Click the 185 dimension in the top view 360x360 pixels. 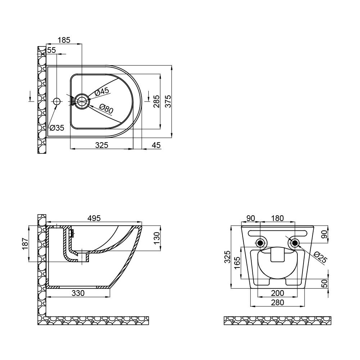(x=64, y=40)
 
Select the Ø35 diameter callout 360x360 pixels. (x=57, y=127)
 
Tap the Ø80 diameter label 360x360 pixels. (x=107, y=108)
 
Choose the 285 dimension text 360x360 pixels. (x=156, y=102)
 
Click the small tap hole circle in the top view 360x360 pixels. (x=57, y=102)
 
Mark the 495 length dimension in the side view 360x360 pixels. (x=94, y=218)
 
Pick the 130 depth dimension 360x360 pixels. (x=157, y=238)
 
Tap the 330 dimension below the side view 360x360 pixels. (x=78, y=293)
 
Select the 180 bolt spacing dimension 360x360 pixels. (x=278, y=218)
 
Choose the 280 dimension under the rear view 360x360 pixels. (x=278, y=302)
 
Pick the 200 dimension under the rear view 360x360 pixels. (x=278, y=293)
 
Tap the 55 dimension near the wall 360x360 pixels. (x=51, y=50)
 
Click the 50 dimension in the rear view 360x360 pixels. (x=324, y=284)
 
